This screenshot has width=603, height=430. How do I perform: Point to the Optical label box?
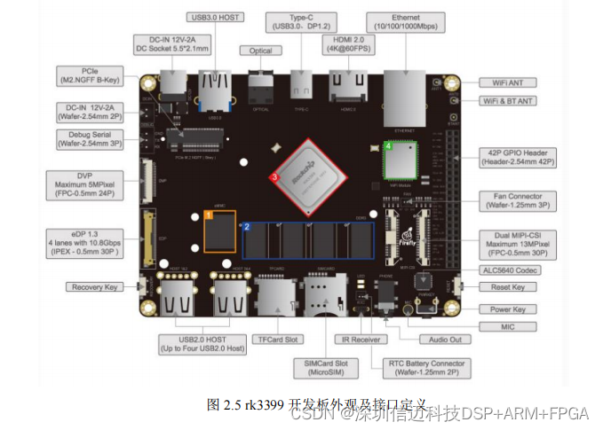click(x=261, y=51)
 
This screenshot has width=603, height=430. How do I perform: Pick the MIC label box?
click(x=507, y=327)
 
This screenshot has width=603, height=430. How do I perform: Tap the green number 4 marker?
click(x=388, y=144)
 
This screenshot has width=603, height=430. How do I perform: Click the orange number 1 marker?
click(x=209, y=215)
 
